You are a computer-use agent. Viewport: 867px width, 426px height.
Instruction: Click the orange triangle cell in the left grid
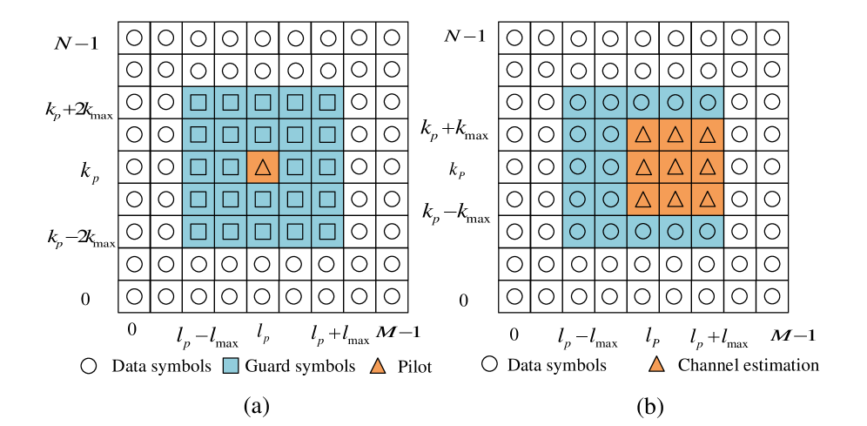point(262,166)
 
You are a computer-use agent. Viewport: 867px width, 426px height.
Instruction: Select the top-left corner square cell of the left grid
point(198,102)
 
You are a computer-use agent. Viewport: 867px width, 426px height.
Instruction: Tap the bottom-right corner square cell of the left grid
point(327,231)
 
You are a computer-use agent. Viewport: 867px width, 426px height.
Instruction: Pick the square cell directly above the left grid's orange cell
point(262,134)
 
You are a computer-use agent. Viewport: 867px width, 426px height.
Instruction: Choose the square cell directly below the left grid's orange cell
point(262,199)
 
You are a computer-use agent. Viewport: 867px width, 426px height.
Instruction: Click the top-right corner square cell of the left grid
point(327,102)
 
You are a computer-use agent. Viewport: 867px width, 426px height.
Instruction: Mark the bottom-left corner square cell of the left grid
point(198,231)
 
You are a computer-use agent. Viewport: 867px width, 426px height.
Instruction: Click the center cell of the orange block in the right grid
point(675,166)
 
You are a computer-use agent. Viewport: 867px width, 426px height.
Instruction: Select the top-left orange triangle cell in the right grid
point(642,134)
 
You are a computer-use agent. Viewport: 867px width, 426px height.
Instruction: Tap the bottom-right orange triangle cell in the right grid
point(707,199)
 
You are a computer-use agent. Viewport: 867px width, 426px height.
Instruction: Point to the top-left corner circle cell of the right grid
point(578,102)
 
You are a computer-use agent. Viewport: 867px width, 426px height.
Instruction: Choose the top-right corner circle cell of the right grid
point(707,102)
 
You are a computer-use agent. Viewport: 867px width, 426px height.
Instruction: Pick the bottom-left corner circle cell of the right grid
point(578,231)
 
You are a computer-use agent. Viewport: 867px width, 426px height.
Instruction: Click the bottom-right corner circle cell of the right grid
point(707,231)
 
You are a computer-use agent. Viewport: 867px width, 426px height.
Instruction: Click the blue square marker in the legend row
point(231,365)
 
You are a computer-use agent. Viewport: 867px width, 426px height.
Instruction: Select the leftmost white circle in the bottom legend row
point(89,366)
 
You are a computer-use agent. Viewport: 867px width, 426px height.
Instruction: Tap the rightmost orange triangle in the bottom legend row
point(656,364)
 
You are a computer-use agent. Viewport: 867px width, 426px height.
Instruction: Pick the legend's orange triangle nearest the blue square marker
point(378,366)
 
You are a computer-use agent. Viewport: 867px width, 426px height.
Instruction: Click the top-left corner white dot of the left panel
point(134,37)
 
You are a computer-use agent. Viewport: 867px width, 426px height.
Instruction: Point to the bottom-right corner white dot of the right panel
point(772,296)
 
